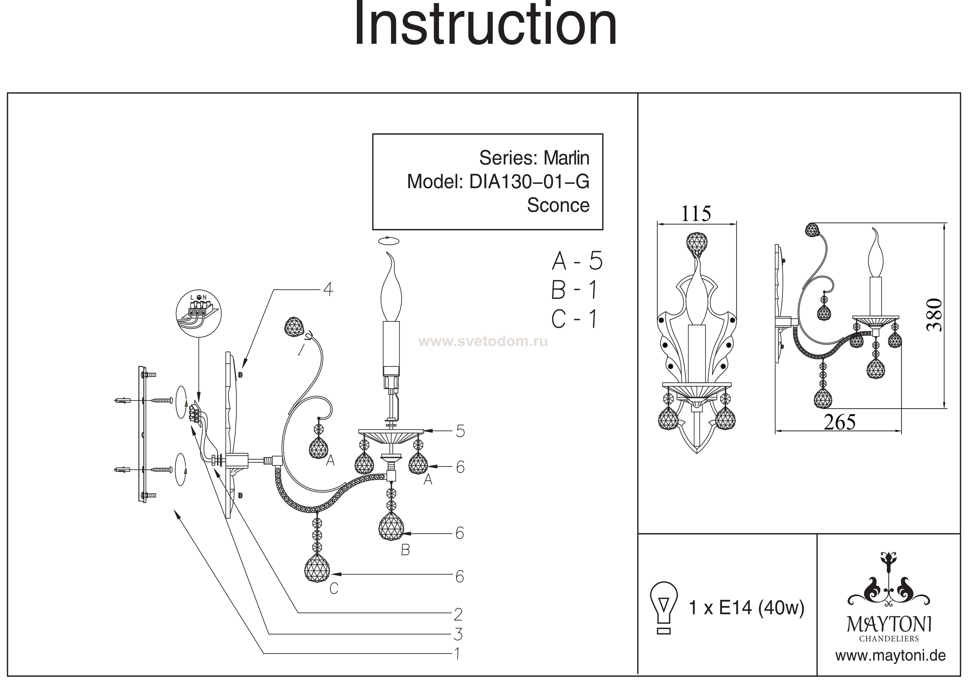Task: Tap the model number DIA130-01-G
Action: coord(529,182)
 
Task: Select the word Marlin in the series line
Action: coord(566,158)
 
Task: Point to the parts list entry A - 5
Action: coord(577,261)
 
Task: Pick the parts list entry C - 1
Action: coord(574,319)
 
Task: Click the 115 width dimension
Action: coord(696,214)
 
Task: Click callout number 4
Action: coord(328,290)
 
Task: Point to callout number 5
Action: coord(460,432)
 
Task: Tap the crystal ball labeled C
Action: coord(317,568)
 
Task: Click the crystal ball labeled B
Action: coord(391,527)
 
